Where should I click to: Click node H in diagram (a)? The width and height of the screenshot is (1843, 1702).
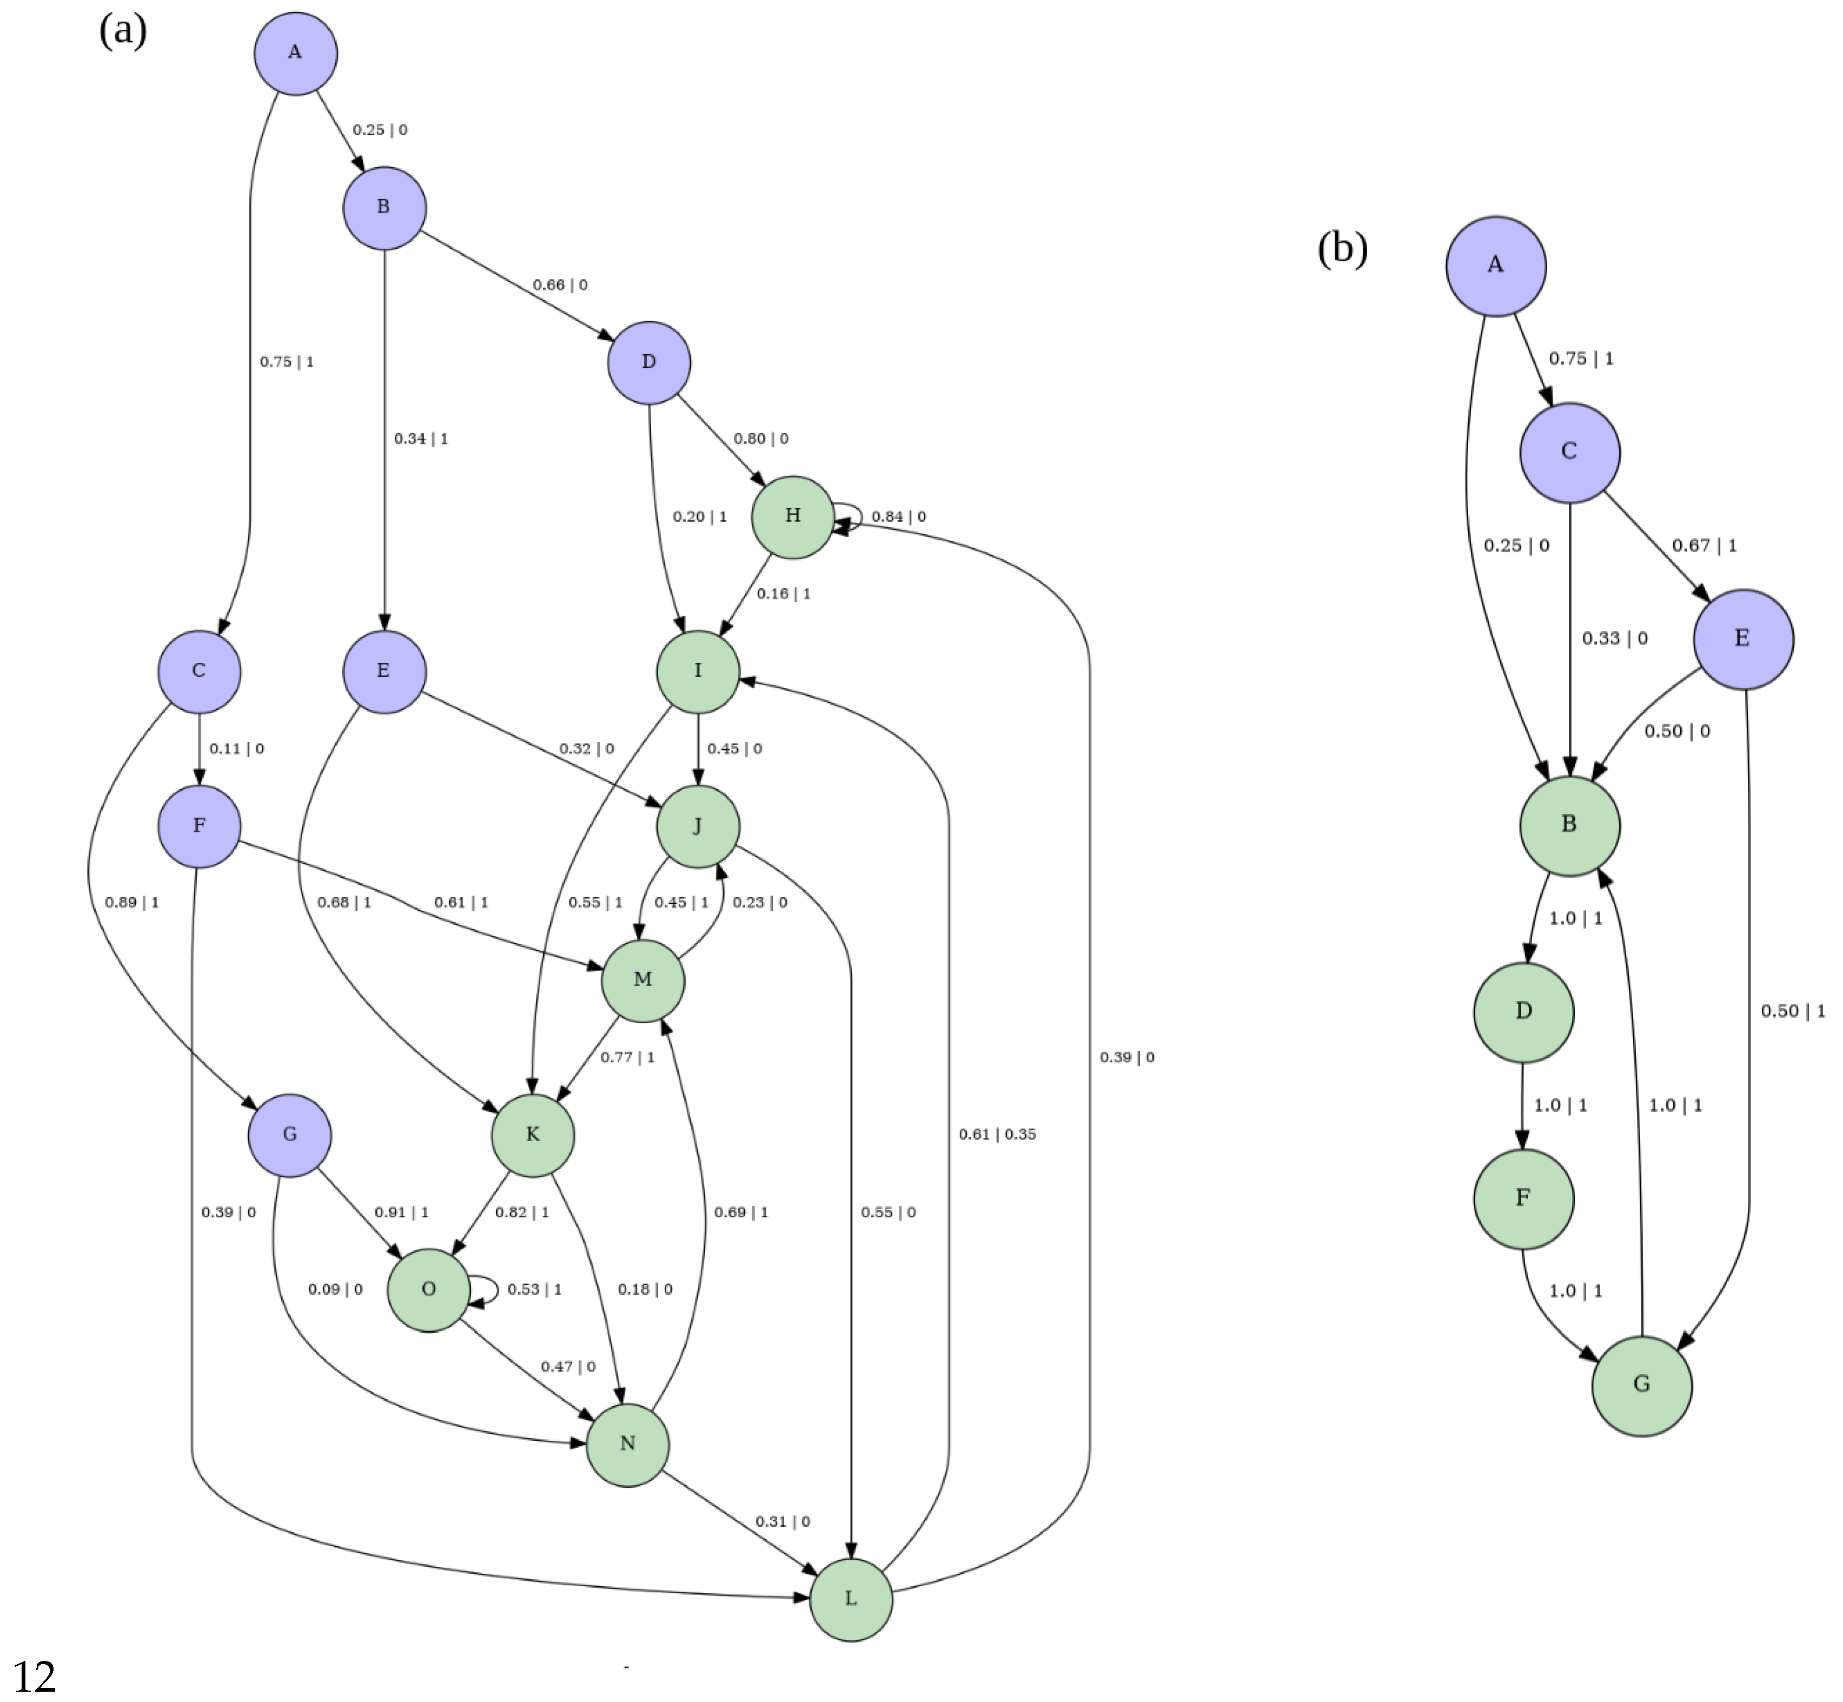[x=793, y=516]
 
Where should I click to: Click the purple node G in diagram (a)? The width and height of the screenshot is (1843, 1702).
[x=289, y=1135]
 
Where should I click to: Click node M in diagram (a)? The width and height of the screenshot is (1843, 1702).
[x=643, y=980]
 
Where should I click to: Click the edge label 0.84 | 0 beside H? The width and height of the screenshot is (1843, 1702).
[x=898, y=516]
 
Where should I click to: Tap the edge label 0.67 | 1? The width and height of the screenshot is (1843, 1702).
[x=1704, y=545]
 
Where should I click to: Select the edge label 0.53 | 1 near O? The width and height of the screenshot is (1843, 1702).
[x=534, y=1289]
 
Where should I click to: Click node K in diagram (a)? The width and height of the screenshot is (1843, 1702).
[x=532, y=1135]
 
